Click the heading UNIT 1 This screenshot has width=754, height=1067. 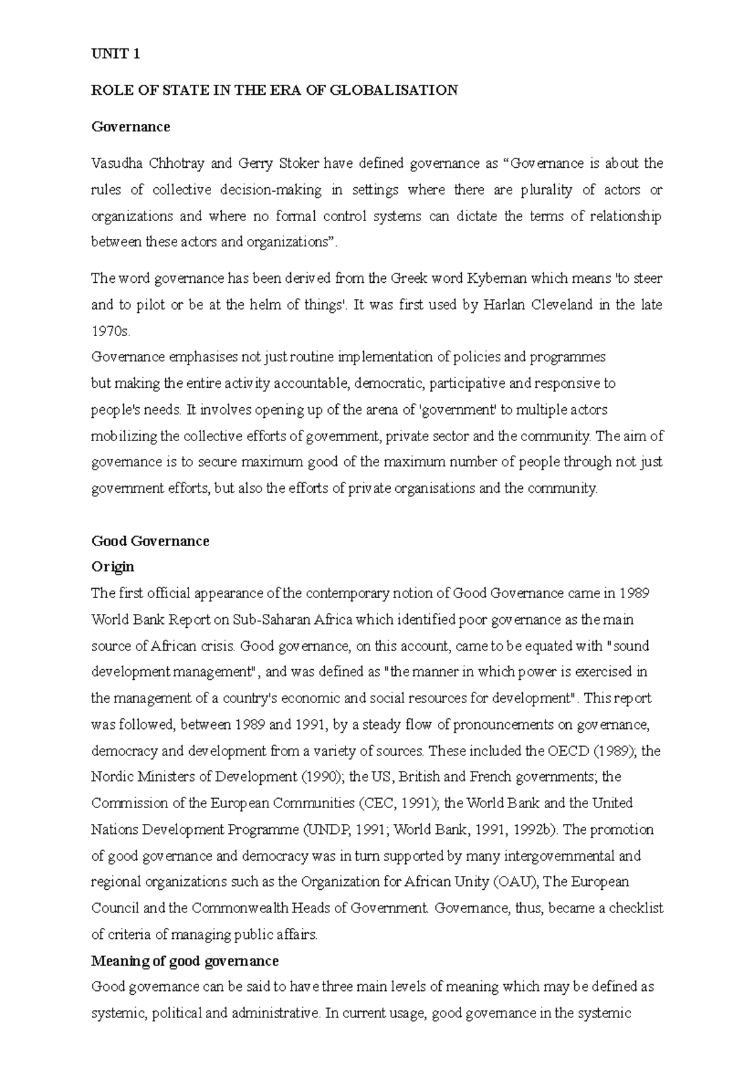click(x=116, y=54)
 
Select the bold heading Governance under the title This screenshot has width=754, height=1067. click(x=131, y=127)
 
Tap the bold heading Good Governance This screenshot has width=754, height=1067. click(x=150, y=541)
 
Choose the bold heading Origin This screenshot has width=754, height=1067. click(x=113, y=567)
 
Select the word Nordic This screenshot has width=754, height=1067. click(x=111, y=777)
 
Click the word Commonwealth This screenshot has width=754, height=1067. click(x=239, y=908)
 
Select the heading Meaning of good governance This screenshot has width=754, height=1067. click(x=185, y=961)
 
